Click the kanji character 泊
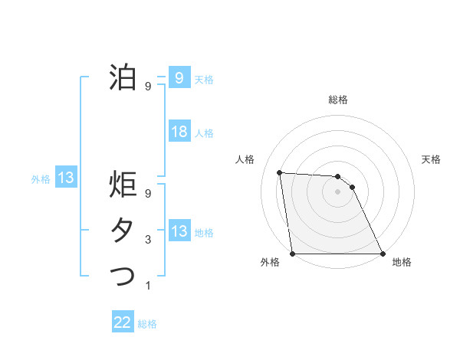[x=123, y=77]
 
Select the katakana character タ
[x=123, y=231]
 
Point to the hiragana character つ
[x=123, y=275]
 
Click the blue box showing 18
[x=179, y=132]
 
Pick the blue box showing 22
[x=123, y=322]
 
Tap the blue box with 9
[x=179, y=77]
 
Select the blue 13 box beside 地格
[x=179, y=231]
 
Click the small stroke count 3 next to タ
[x=148, y=240]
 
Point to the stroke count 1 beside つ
[x=148, y=286]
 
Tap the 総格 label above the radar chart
[x=337, y=100]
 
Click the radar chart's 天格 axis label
[x=431, y=159]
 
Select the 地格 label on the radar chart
[x=402, y=262]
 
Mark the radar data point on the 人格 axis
[x=279, y=172]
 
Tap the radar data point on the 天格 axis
[x=352, y=186]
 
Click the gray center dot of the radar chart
[x=337, y=191]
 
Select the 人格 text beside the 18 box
[x=204, y=133]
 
